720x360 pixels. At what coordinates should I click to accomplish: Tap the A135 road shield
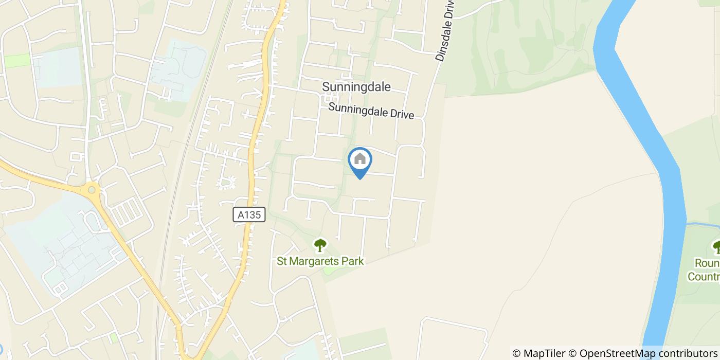(249, 215)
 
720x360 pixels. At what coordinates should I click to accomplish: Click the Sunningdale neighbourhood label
(356, 87)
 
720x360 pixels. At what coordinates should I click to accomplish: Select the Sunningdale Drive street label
(371, 111)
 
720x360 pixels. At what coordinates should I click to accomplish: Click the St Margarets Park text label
(320, 261)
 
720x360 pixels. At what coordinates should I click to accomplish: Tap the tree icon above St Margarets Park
(320, 245)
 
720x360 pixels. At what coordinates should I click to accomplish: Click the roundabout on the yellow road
(92, 190)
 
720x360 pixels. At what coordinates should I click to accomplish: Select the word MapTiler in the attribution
(544, 353)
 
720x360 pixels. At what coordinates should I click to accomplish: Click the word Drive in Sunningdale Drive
(402, 114)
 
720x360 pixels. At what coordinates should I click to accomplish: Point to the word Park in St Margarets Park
(354, 261)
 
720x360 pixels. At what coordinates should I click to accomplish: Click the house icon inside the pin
(360, 159)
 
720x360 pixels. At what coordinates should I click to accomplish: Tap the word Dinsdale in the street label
(442, 44)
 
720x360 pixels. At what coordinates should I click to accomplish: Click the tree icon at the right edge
(716, 247)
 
